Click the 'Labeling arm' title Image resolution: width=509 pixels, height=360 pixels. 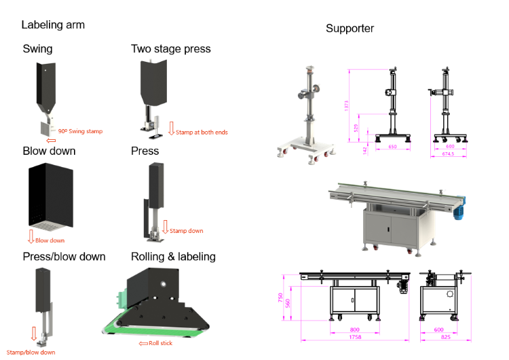[x=53, y=25]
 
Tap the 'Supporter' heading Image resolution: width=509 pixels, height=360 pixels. [x=350, y=29]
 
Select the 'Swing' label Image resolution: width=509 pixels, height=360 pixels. [x=37, y=49]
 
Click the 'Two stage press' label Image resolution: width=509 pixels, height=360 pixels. [x=170, y=49]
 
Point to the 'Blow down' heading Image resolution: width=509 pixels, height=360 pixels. [x=49, y=151]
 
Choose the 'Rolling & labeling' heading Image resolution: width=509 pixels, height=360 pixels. [x=173, y=256]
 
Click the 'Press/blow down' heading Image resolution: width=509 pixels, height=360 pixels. [x=64, y=256]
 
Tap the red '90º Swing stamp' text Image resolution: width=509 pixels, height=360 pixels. [x=80, y=131]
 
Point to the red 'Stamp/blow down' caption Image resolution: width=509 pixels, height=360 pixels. [x=31, y=352]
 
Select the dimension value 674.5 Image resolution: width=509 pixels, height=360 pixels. [x=447, y=155]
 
